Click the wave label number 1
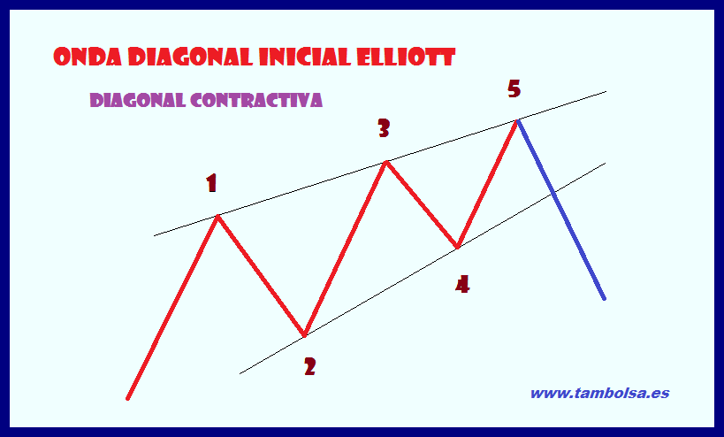pos(211,184)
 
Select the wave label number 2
pos(309,366)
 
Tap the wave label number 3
pos(384,129)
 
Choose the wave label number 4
pos(462,284)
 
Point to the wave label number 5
pos(514,88)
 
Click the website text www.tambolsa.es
pos(599,393)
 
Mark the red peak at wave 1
pos(217,216)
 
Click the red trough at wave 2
pos(304,335)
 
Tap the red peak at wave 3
pos(385,162)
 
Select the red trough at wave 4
pos(457,247)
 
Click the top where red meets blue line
pos(517,119)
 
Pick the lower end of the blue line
pos(605,299)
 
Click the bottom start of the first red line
pos(128,399)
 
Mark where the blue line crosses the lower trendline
pos(553,192)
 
